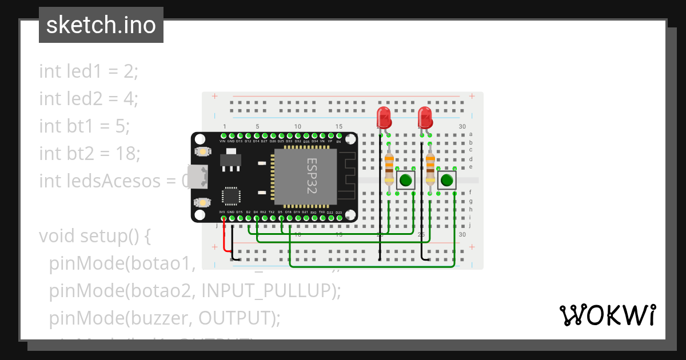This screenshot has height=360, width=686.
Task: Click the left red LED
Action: point(384,117)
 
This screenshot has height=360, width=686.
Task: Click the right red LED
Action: point(425,117)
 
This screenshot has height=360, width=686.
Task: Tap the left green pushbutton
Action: point(406,181)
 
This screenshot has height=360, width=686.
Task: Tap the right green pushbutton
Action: point(446,181)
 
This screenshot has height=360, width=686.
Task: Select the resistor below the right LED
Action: point(430,165)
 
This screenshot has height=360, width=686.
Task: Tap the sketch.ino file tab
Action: point(101,25)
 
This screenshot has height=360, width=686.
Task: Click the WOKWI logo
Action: point(607,315)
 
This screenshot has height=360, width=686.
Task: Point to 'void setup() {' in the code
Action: point(94,235)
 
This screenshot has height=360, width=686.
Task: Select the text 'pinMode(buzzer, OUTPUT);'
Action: point(165,318)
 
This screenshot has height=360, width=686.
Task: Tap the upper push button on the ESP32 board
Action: point(201,152)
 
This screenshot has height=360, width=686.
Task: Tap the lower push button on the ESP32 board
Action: point(201,202)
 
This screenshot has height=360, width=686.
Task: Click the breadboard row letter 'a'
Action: point(470,134)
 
